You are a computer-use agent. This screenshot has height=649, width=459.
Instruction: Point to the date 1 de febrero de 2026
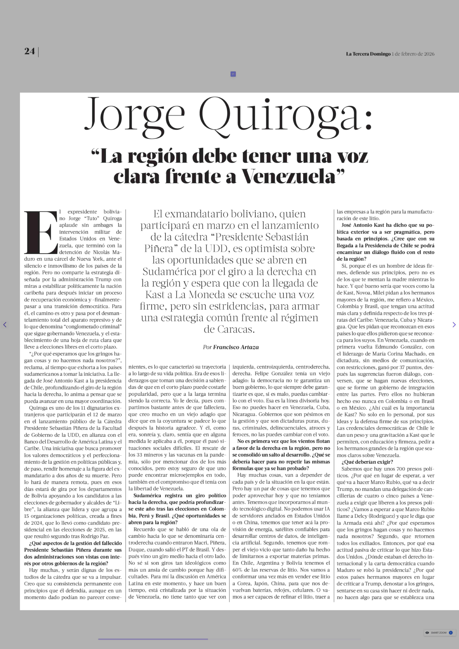[x=413, y=54]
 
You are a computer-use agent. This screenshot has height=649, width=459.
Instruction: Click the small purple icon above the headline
[x=233, y=74]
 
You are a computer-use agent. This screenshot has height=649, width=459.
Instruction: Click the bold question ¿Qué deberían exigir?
[x=367, y=462]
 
